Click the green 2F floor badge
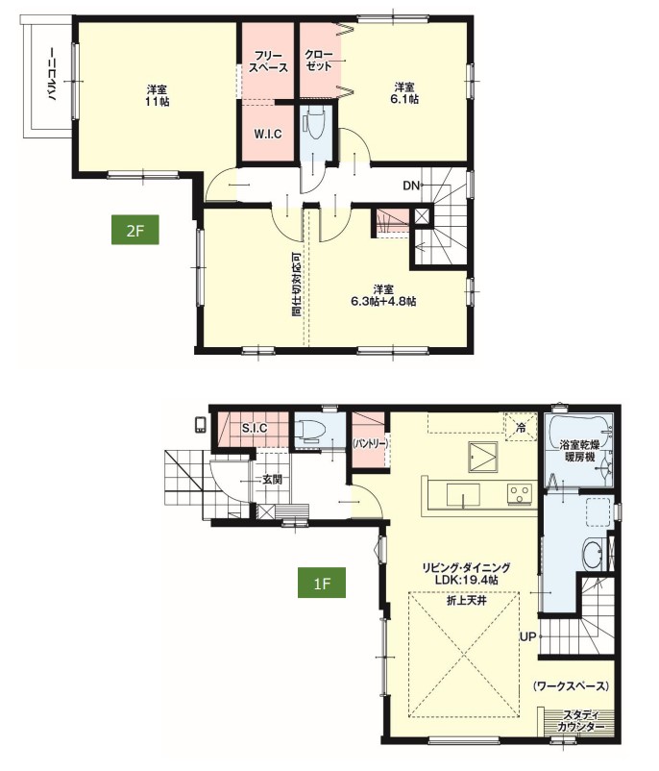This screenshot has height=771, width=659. (x=135, y=230)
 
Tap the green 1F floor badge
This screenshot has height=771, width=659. (x=322, y=584)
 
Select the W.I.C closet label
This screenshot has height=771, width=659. (x=268, y=134)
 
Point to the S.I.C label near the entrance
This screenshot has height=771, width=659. (x=255, y=428)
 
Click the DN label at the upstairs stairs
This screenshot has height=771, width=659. (x=411, y=186)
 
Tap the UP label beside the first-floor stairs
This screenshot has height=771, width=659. (x=527, y=636)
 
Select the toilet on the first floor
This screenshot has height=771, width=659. (x=311, y=432)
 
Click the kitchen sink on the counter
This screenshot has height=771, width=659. (x=463, y=494)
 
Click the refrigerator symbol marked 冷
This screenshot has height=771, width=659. (x=522, y=427)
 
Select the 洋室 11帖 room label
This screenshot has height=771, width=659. (x=158, y=96)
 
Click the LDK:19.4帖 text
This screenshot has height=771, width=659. (x=466, y=581)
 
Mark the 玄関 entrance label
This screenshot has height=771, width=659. (x=272, y=480)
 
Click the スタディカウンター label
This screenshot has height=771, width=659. (x=581, y=722)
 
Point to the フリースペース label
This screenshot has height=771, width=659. (x=268, y=62)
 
